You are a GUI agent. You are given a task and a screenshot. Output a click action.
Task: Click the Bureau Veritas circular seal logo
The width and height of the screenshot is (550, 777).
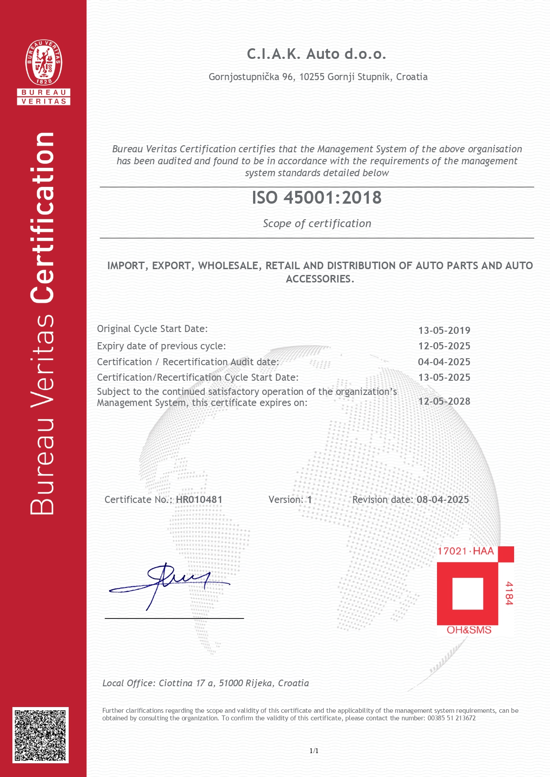coord(43,62)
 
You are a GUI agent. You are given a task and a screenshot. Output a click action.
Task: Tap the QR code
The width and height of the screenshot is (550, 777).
coord(40,735)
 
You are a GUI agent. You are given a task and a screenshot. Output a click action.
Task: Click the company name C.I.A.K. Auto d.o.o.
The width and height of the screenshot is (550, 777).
coord(316,54)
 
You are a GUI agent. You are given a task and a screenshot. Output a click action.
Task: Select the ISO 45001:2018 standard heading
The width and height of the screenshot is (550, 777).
coord(316,198)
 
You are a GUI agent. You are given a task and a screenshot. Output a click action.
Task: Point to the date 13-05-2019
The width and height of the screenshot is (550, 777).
coord(444,330)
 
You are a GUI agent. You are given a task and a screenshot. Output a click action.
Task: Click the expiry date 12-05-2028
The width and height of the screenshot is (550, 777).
coord(444,401)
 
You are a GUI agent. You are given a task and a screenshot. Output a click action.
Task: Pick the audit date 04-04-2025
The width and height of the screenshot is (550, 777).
coord(444,362)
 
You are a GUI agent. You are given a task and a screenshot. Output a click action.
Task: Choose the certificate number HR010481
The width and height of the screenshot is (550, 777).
coord(199,499)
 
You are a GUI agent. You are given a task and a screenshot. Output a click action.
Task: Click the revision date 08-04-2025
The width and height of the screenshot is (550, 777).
coord(443,499)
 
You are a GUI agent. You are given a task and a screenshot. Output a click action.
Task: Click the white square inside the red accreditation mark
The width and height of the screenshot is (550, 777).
coord(468,593)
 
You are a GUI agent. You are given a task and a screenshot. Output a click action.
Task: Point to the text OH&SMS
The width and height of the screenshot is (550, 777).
coord(469,630)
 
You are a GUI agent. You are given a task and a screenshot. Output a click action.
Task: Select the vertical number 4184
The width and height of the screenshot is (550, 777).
coord(509,593)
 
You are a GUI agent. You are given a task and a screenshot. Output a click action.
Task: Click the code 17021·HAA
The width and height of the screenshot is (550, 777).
coord(465,551)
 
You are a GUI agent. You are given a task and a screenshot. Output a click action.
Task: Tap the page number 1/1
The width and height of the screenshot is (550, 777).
coord(314,750)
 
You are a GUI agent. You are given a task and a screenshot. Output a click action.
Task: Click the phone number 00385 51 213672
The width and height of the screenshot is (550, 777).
coord(452,718)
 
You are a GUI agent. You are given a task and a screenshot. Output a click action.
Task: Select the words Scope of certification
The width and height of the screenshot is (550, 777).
coord(317,224)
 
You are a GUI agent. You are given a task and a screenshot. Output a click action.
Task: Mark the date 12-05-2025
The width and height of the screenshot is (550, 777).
coord(444,346)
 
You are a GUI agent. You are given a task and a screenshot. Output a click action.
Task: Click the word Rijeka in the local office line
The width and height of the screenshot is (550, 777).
coord(260,683)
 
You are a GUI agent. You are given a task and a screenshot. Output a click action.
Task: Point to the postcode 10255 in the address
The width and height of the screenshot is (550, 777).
coord(312,77)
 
